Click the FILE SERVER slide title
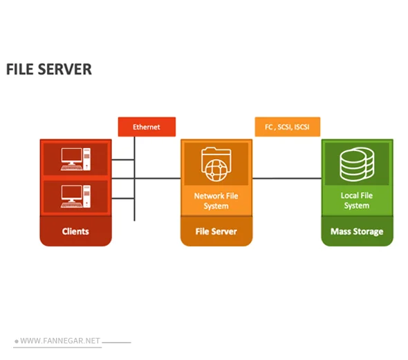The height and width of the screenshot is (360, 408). (x=48, y=69)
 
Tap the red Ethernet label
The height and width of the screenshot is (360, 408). (x=147, y=127)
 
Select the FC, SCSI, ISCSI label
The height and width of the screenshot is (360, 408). (x=287, y=127)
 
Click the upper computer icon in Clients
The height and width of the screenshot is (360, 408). (x=75, y=159)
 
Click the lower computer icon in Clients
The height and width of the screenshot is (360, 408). (x=75, y=196)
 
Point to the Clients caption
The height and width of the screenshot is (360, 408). (x=75, y=231)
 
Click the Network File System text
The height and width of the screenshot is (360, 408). (x=216, y=201)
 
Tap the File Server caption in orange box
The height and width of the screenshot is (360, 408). (x=216, y=231)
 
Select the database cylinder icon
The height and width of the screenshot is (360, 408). (x=357, y=164)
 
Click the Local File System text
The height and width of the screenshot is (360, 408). (x=357, y=200)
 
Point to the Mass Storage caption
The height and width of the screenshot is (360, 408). (x=357, y=231)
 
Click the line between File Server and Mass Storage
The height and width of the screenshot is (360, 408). (x=286, y=178)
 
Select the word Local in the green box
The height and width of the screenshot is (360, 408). (x=349, y=195)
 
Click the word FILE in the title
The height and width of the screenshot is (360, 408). (x=17, y=69)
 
